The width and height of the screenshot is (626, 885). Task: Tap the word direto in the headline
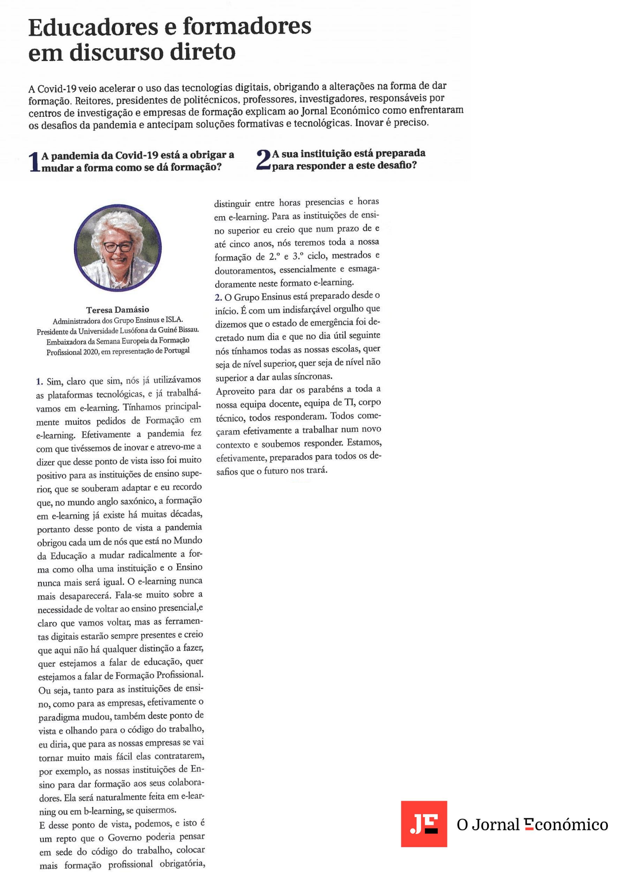pos(203,52)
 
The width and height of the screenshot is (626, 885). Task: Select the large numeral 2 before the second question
pos(263,160)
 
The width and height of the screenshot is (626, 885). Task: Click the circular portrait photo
pos(117,248)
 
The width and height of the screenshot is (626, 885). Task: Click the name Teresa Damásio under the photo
pos(117,310)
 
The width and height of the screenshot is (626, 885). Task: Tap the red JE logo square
pos(424,824)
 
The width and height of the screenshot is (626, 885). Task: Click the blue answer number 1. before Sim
pos(39,381)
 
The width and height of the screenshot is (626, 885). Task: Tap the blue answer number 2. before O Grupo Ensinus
pos(218,297)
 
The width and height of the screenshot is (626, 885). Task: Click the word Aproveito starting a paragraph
pos(235,391)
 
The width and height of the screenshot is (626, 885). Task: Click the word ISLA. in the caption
pos(174,319)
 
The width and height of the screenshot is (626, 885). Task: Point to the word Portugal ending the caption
pos(177,350)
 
